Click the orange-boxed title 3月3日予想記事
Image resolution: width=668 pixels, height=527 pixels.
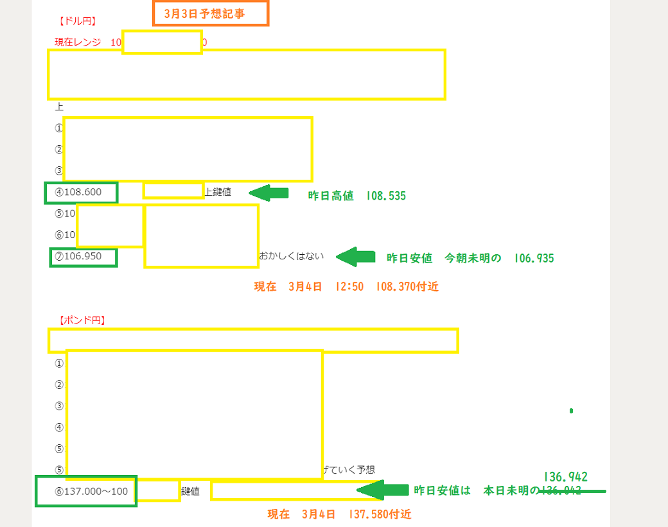pos(210,13)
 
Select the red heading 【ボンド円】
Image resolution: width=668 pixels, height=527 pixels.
pos(82,320)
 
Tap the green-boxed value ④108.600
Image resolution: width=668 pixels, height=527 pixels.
pos(81,192)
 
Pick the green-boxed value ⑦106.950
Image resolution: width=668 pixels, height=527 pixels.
pos(83,257)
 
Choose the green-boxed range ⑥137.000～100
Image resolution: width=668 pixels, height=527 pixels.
pos(86,491)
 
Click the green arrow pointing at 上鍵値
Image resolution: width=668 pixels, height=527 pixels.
pos(268,192)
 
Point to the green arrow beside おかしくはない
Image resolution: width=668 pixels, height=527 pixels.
pos(355,257)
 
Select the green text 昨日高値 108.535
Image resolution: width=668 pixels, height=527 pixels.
pos(356,196)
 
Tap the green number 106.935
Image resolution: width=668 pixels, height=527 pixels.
pos(533,258)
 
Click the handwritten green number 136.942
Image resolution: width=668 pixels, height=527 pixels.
pos(565,477)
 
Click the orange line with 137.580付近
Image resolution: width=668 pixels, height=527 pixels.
pos(339,514)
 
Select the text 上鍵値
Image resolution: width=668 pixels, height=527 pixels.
pos(218,191)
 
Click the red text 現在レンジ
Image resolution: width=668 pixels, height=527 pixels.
pos(78,42)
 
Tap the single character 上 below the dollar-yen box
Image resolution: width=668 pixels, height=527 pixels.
pos(59,107)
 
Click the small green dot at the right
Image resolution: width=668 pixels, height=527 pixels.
pos(571,410)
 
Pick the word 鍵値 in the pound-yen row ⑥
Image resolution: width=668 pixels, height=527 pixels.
pos(190,491)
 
